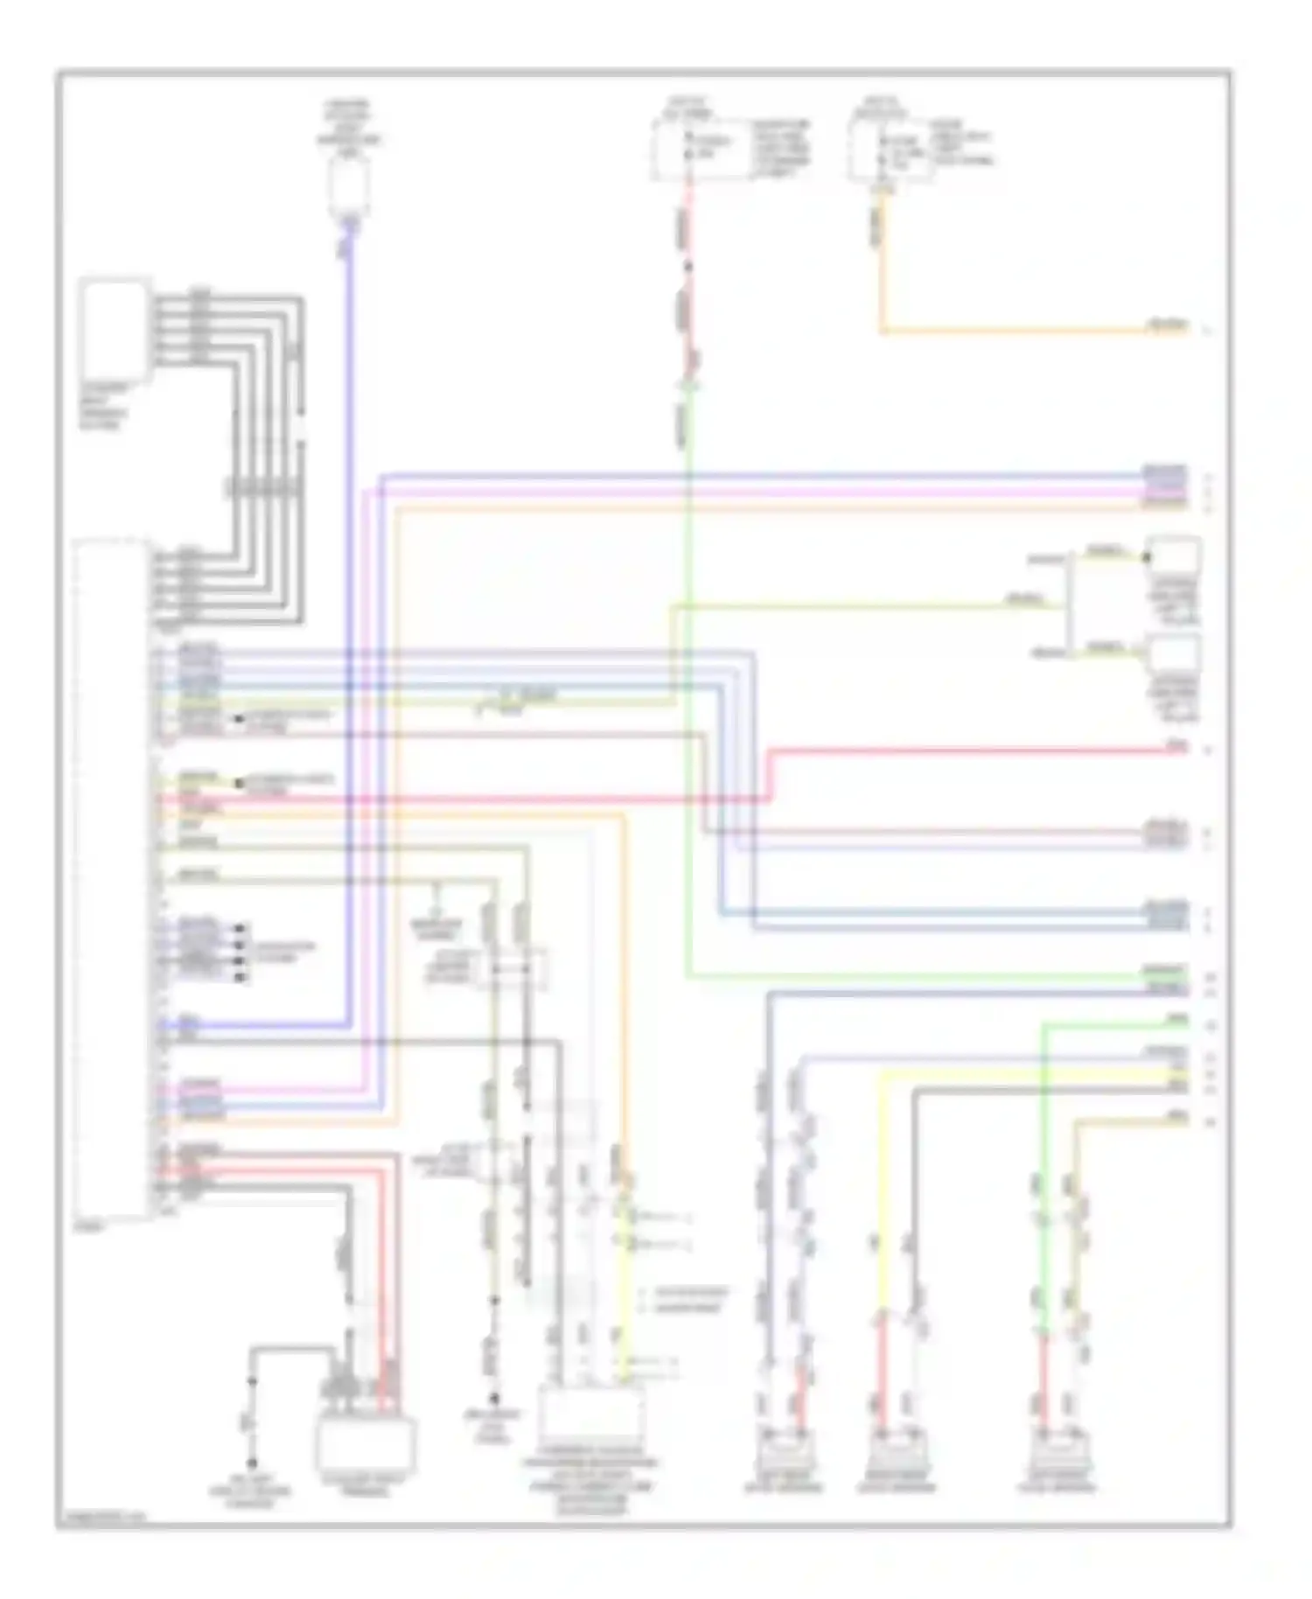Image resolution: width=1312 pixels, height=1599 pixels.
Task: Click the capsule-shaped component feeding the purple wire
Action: click(348, 186)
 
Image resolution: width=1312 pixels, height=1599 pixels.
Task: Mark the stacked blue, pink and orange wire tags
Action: click(1165, 488)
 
